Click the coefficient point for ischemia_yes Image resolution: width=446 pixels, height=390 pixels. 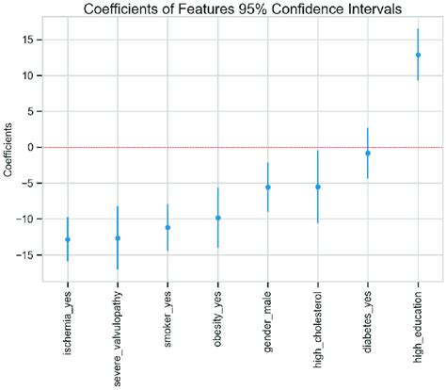coord(68,239)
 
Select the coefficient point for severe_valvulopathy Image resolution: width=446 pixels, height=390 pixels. coord(118,238)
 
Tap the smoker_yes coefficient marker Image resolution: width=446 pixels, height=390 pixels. coord(167,227)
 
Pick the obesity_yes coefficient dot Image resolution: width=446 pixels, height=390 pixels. coord(217,218)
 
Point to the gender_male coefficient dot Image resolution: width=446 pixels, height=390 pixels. coord(268,187)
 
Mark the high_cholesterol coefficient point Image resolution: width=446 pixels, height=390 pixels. coord(318,187)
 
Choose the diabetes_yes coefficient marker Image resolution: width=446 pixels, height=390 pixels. coord(368,153)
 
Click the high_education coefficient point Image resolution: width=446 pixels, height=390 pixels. coord(418,55)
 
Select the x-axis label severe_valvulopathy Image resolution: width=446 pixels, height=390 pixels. coord(118,337)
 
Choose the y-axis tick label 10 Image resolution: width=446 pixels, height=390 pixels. coord(34,75)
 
